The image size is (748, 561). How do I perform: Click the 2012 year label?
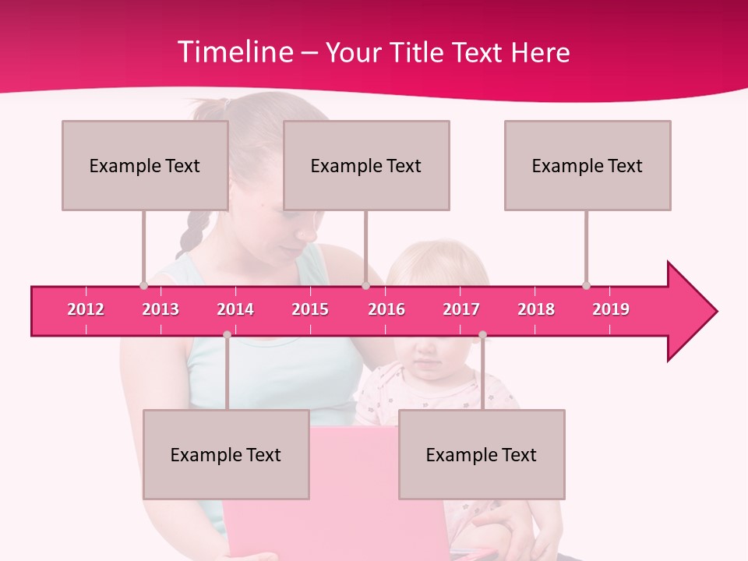(86, 309)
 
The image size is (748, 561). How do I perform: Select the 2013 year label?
(161, 309)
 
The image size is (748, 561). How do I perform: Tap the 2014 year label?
(235, 309)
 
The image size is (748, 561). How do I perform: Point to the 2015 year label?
(310, 309)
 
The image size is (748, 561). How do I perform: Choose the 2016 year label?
(386, 309)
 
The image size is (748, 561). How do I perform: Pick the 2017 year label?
(461, 309)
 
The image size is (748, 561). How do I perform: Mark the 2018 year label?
(536, 309)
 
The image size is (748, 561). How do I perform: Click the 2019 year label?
(611, 309)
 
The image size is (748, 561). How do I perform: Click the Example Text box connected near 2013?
(145, 165)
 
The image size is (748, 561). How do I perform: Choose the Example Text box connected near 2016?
(366, 165)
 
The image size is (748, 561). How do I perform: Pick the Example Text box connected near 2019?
(587, 165)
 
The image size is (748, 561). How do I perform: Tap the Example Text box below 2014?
(226, 454)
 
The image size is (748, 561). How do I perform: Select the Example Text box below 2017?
(482, 454)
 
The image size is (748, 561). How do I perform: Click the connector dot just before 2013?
(143, 286)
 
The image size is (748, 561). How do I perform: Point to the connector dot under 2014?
(227, 334)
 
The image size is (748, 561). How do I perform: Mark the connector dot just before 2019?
(586, 286)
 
